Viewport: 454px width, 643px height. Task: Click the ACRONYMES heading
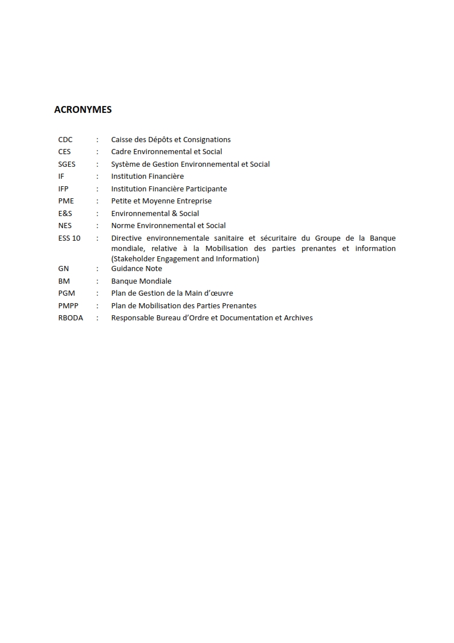click(x=83, y=109)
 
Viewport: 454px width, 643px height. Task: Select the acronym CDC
click(x=65, y=139)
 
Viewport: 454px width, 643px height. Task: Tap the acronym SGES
click(x=67, y=164)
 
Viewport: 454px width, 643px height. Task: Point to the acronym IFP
click(x=63, y=189)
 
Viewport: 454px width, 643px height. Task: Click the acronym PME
click(x=66, y=201)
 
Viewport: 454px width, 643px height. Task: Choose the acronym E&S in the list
click(x=65, y=213)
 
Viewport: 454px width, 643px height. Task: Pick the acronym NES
click(x=65, y=226)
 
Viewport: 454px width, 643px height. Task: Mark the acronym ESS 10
click(x=69, y=238)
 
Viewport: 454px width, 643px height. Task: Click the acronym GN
click(x=64, y=269)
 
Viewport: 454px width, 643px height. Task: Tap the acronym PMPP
click(x=68, y=305)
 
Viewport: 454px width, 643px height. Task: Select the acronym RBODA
click(x=70, y=318)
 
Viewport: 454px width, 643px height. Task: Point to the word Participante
click(x=206, y=189)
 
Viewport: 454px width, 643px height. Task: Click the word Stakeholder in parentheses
click(x=131, y=258)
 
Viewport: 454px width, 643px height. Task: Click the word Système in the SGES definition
click(x=125, y=164)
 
